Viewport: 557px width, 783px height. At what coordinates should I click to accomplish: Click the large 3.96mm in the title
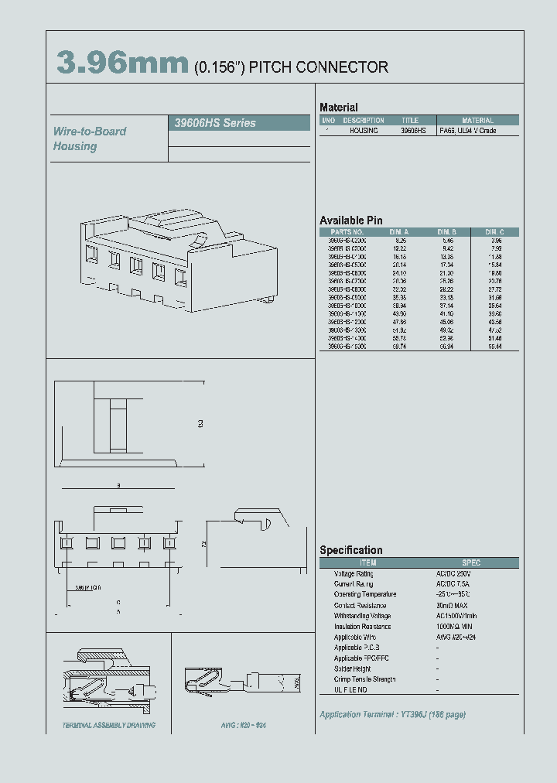(x=122, y=65)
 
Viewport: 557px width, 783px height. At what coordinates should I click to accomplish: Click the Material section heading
(x=339, y=108)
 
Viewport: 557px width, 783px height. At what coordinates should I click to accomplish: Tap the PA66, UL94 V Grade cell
(x=468, y=131)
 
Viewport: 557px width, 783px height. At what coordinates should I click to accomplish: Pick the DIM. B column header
(x=447, y=232)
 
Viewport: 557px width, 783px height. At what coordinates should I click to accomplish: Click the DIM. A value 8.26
(x=401, y=241)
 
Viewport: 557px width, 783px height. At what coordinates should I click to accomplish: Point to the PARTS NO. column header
(x=347, y=232)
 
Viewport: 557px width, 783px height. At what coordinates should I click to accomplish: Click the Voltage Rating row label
(x=354, y=573)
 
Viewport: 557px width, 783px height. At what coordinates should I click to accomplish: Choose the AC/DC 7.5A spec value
(x=453, y=584)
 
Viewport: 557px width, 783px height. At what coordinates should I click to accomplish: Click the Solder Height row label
(x=352, y=668)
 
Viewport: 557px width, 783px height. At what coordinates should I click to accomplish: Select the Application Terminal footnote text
(x=392, y=715)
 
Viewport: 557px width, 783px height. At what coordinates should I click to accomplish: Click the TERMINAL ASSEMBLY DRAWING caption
(x=109, y=726)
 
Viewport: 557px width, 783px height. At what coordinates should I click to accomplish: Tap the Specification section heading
(x=351, y=550)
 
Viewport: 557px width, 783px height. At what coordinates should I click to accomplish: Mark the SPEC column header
(x=470, y=562)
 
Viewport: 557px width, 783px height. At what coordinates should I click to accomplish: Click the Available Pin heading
(x=351, y=221)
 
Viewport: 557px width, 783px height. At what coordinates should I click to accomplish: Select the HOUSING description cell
(x=364, y=131)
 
